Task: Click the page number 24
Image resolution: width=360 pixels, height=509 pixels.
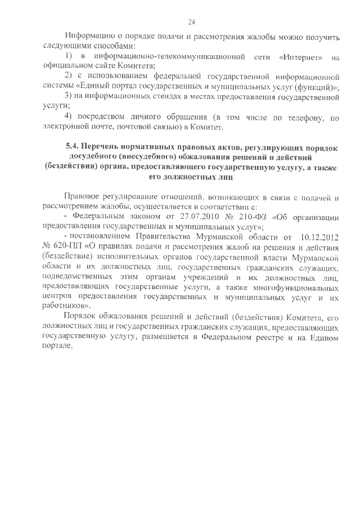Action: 191,22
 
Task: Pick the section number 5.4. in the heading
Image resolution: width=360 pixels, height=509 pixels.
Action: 75,147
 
